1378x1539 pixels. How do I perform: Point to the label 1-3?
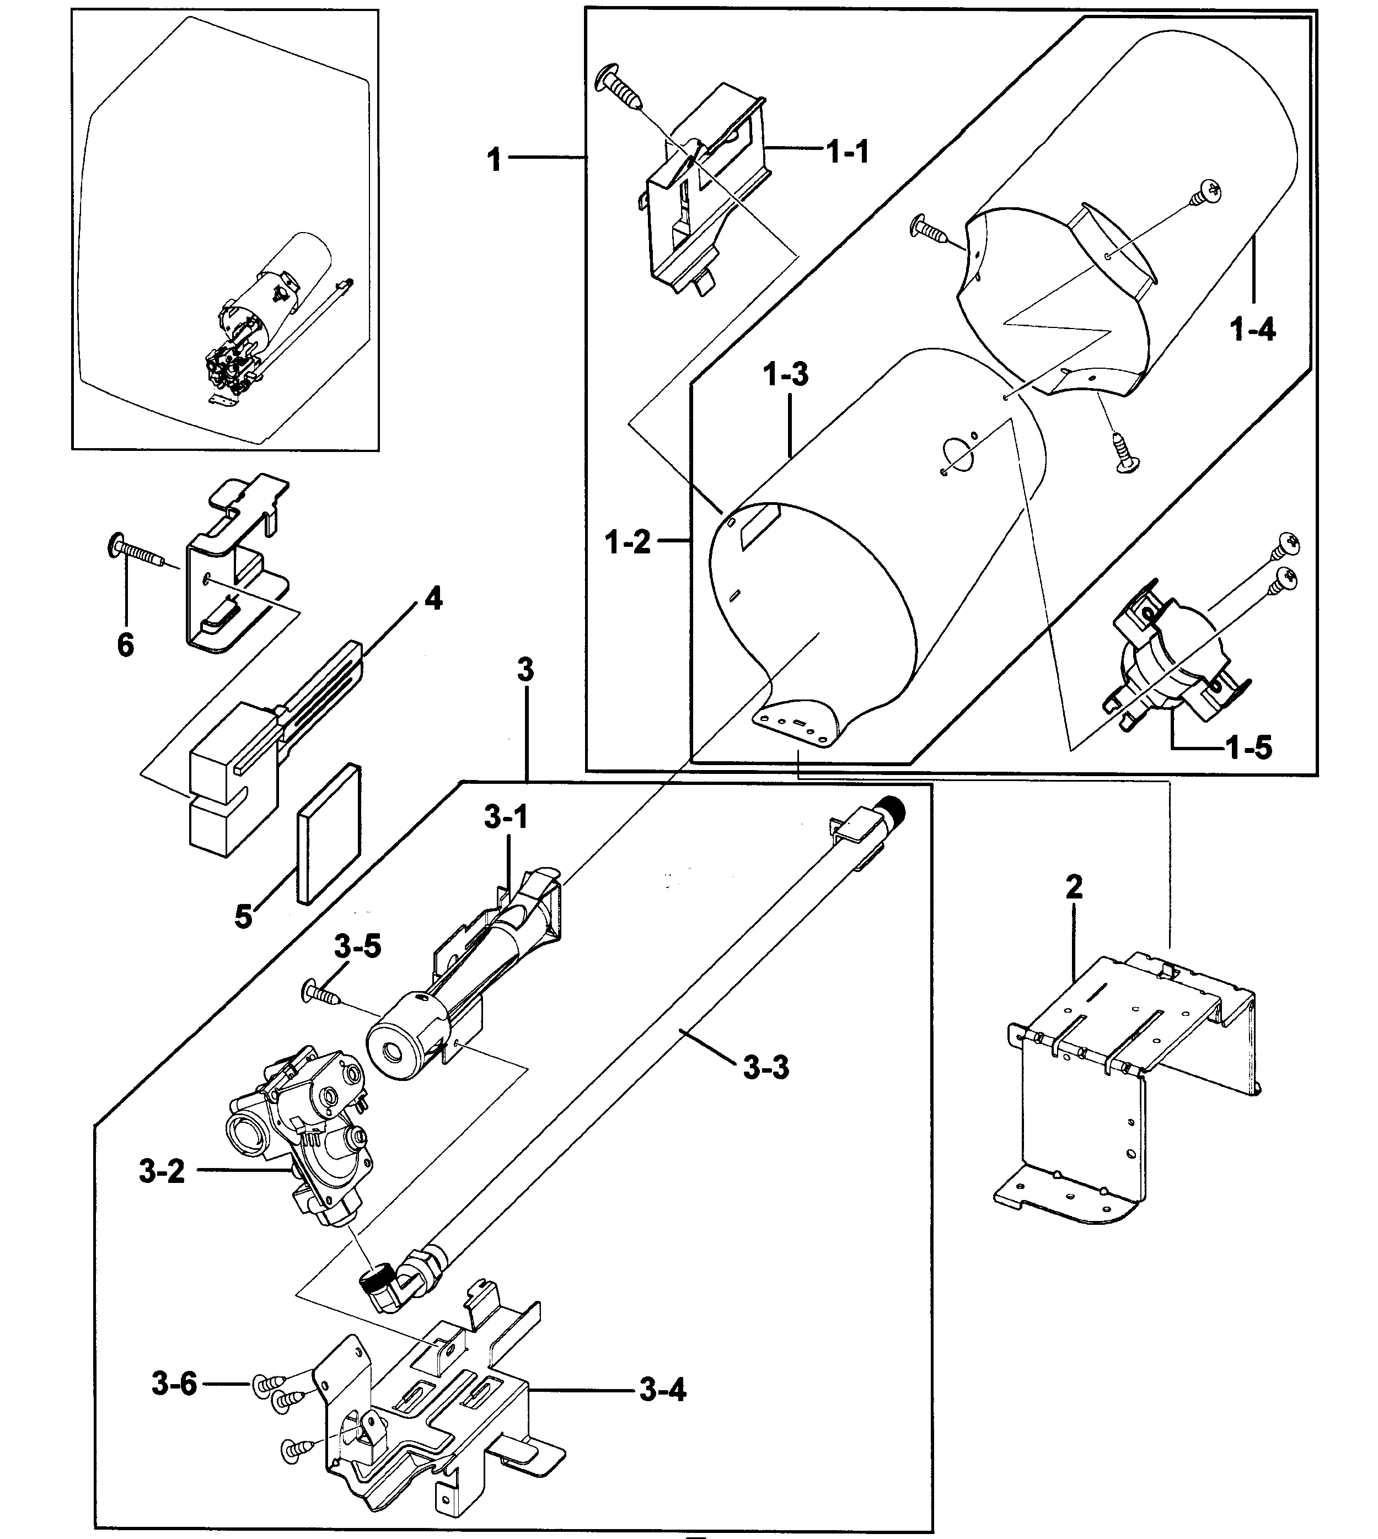tap(785, 374)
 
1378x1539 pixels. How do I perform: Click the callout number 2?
tap(1074, 887)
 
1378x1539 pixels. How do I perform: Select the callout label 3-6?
tap(174, 1384)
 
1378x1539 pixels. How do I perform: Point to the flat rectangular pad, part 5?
tap(329, 833)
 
